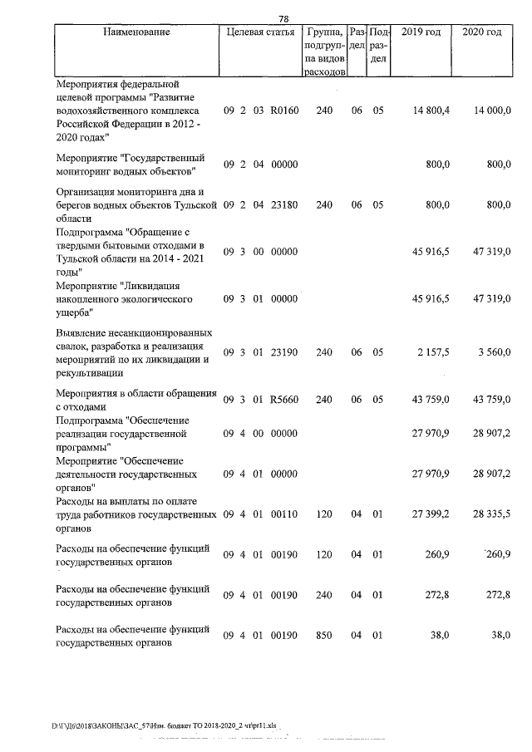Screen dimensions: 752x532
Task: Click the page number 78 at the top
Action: click(x=283, y=19)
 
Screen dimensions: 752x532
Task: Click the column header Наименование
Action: click(x=137, y=32)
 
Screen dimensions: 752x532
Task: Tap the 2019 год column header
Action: click(x=421, y=32)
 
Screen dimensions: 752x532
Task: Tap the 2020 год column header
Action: click(x=481, y=32)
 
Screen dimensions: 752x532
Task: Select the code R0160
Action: click(x=283, y=111)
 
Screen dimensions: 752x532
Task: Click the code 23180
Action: click(x=283, y=203)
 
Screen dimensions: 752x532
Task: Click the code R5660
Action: click(x=283, y=400)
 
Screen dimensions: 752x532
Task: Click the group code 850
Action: click(x=324, y=636)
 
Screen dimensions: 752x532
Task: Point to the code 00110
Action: click(x=283, y=514)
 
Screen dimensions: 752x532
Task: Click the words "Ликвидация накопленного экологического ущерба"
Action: click(x=125, y=298)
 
